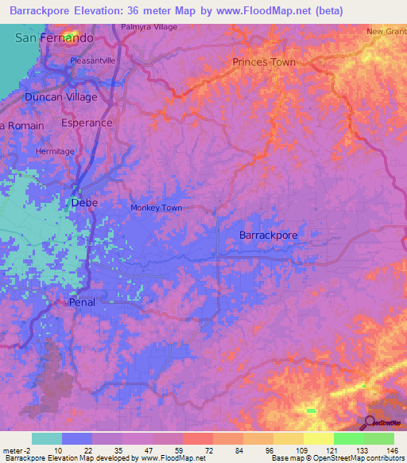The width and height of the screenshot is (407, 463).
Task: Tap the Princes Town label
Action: click(264, 62)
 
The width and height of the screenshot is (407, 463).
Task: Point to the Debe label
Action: click(84, 203)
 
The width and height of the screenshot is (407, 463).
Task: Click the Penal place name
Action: click(83, 302)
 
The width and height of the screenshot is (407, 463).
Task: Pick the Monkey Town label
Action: click(156, 208)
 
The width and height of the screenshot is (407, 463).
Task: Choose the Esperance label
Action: click(87, 123)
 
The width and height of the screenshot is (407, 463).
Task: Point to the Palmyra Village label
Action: click(149, 26)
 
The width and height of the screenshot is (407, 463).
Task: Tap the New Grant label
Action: click(386, 32)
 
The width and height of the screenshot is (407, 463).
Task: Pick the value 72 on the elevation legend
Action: click(196, 450)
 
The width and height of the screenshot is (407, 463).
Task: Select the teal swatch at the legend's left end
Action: click(47, 438)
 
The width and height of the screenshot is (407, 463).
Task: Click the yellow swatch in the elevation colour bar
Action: click(318, 438)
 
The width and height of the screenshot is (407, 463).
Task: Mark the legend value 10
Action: click(60, 450)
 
